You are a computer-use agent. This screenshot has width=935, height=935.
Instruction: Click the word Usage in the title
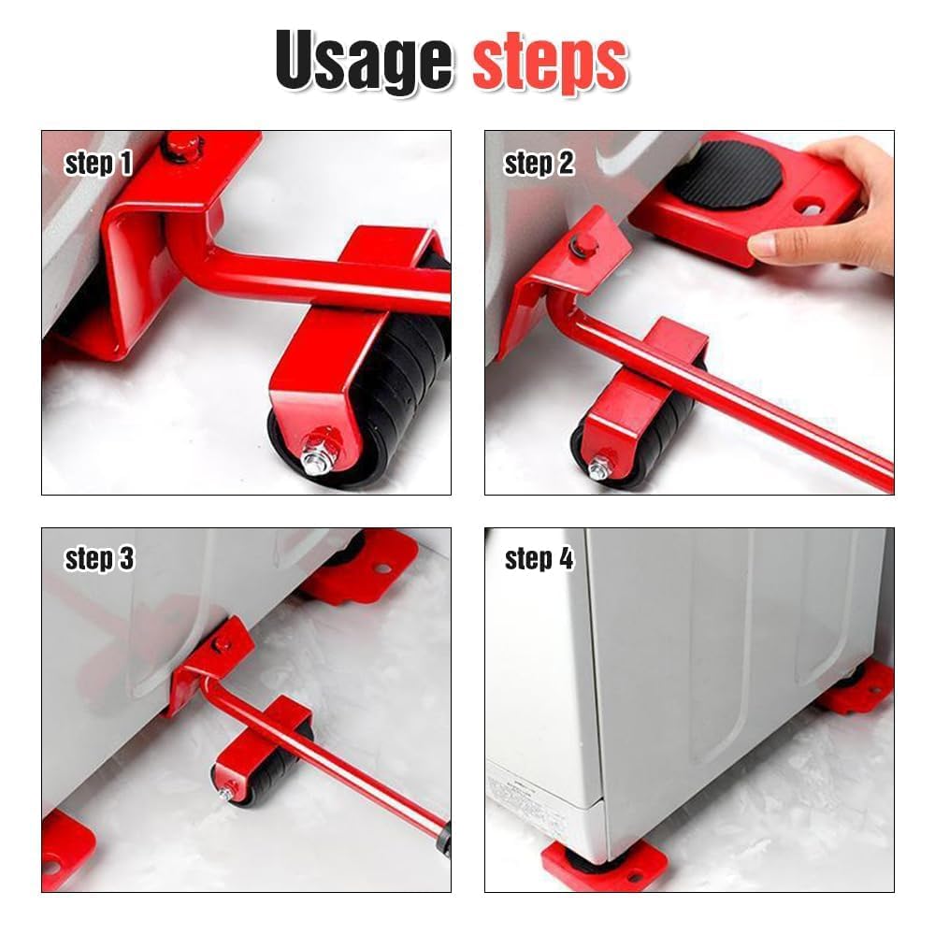364,61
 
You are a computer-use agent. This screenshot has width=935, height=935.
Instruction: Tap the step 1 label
98,163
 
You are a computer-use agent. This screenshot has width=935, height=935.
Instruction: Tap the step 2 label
539,163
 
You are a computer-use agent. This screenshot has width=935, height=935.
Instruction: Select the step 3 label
99,559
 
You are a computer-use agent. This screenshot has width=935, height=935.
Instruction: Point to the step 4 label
539,559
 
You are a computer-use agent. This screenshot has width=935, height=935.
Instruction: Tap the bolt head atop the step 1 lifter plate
183,146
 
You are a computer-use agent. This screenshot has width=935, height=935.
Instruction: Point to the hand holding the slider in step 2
835,206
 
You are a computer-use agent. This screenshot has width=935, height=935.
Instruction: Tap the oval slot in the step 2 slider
811,209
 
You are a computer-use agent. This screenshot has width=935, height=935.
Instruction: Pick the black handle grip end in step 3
443,839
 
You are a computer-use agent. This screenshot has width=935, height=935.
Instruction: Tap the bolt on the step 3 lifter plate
222,643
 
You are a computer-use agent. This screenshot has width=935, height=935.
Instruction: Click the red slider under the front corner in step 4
603,866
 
